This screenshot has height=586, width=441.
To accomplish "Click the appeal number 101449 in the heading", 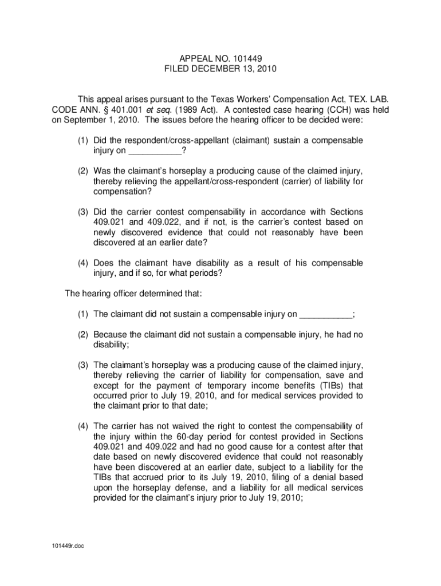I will [x=247, y=58].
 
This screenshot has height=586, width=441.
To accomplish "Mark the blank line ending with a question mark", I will [x=153, y=152].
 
